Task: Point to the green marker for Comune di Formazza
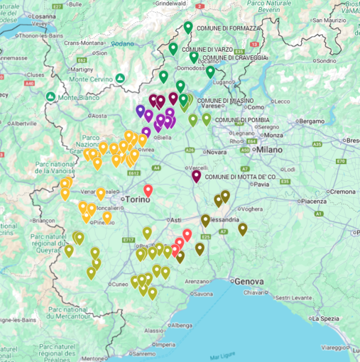click(188, 28)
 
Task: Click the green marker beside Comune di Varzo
click(173, 49)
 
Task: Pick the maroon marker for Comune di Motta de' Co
click(197, 177)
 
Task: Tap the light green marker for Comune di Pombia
click(207, 119)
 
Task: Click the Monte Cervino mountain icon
click(121, 77)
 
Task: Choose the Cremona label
click(342, 192)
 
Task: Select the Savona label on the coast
click(202, 293)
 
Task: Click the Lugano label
click(227, 82)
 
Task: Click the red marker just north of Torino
click(148, 190)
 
